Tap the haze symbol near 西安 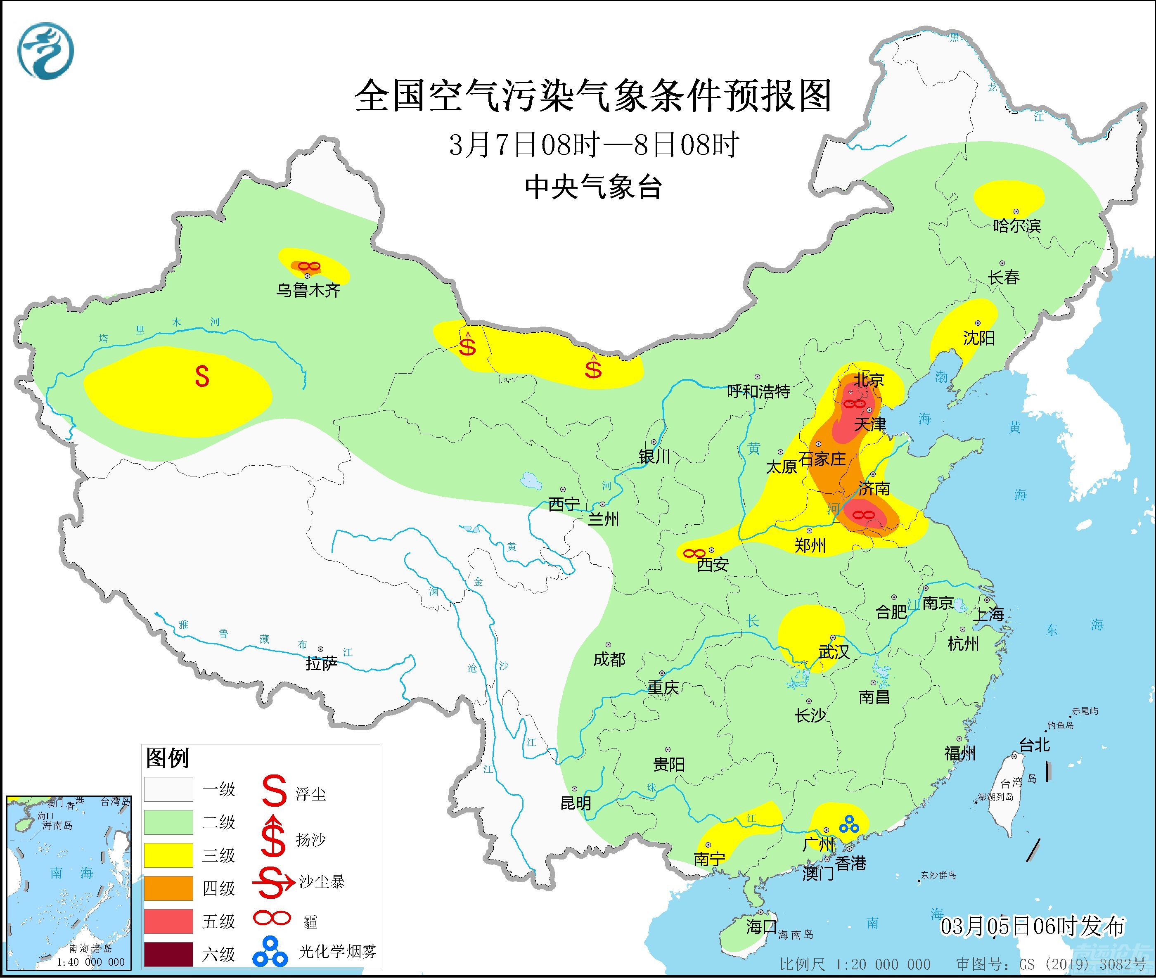tap(694, 553)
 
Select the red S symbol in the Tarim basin tap(202, 377)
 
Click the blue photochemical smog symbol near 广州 tap(849, 824)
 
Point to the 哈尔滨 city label tap(1017, 226)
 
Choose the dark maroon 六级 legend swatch tap(168, 954)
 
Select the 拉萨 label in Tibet tap(322, 663)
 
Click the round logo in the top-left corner tap(45, 51)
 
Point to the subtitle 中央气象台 tap(593, 187)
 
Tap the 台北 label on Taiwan tap(1034, 745)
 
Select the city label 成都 tap(609, 659)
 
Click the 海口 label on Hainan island tap(760, 926)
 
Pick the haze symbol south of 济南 tap(863, 515)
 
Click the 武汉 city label tap(833, 652)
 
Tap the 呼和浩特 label tap(758, 391)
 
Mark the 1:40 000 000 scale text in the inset tap(90, 962)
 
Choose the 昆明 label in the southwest tap(576, 803)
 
